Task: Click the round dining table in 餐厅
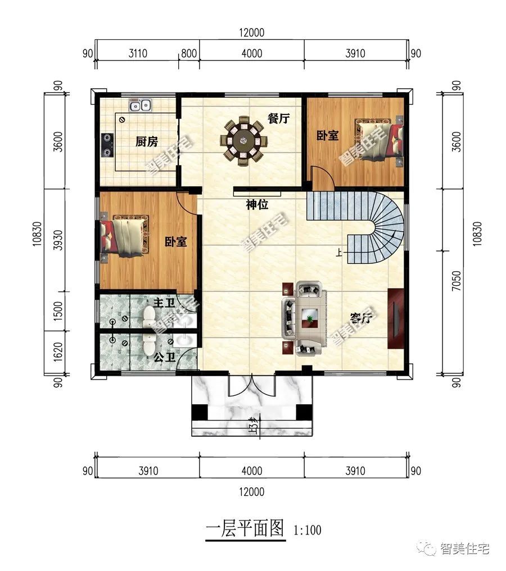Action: click(244, 140)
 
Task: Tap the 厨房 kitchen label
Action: click(146, 141)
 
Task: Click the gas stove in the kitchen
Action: click(107, 145)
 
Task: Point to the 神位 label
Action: click(256, 205)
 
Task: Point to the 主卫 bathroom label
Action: click(163, 303)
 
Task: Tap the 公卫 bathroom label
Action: click(163, 357)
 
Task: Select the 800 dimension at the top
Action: click(189, 54)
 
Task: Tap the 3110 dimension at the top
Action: click(138, 54)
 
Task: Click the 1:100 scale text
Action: click(308, 529)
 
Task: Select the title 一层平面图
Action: click(245, 529)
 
